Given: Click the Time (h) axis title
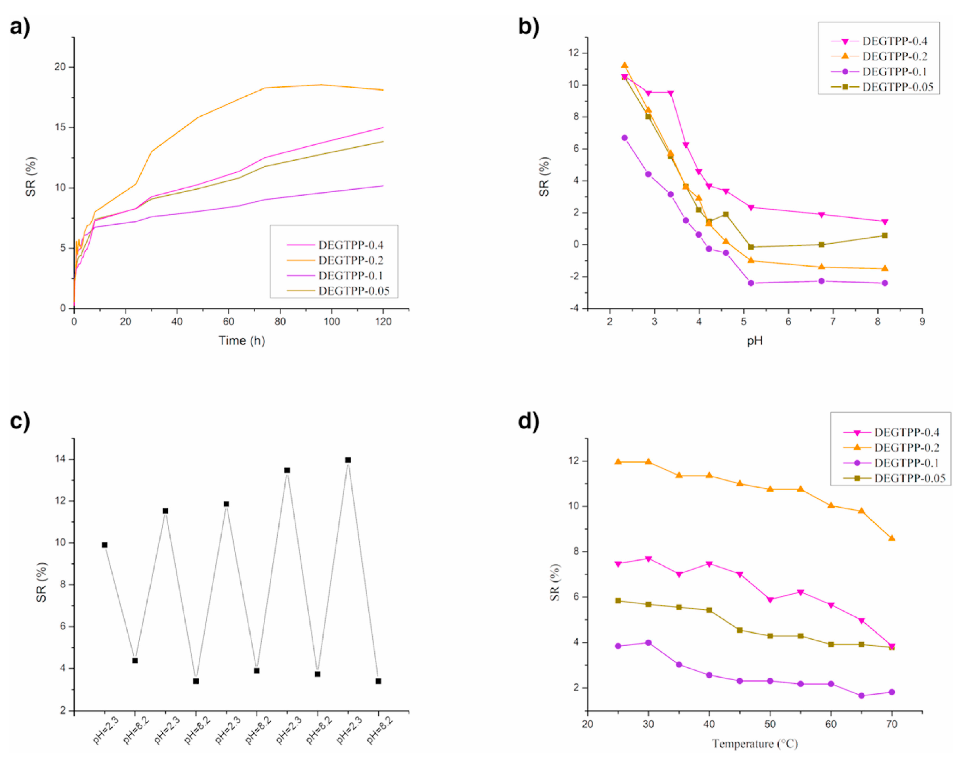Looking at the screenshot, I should [242, 341].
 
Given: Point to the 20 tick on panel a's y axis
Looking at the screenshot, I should [60, 67].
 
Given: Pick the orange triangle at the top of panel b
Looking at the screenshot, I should [625, 65].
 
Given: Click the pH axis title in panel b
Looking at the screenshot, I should [755, 341].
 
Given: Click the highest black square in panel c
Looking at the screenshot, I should [348, 460].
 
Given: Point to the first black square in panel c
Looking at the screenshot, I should [104, 545].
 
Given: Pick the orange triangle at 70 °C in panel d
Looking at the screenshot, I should [892, 538].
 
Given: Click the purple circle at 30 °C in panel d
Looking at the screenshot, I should [648, 643].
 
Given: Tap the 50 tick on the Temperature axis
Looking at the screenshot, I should [770, 724].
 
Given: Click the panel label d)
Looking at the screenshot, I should [529, 421].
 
